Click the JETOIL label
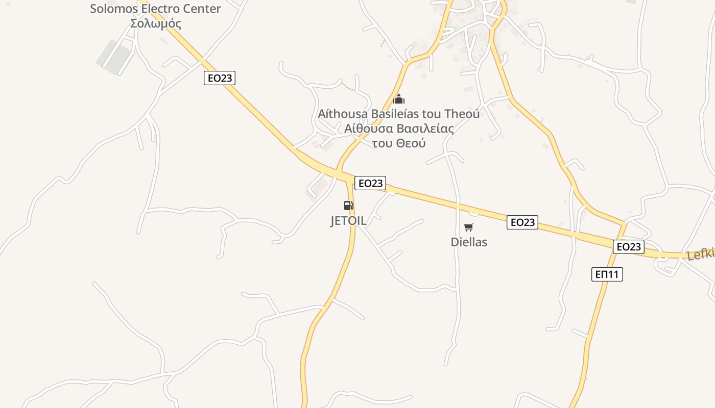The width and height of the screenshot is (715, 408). (x=348, y=221)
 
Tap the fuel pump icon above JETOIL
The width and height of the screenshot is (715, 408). (x=348, y=206)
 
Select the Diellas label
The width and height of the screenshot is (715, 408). (x=469, y=242)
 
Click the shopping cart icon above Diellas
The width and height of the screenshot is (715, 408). (x=468, y=227)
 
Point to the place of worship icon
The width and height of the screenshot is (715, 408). (x=399, y=99)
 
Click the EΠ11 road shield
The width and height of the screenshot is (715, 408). (x=607, y=274)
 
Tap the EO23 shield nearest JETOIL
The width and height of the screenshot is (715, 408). (x=370, y=183)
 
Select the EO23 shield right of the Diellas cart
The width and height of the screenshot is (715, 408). (x=522, y=222)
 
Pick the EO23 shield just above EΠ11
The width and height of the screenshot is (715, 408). (x=629, y=247)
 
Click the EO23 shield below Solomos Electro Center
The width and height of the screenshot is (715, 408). (x=220, y=78)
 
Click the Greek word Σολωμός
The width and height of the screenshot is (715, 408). (x=156, y=23)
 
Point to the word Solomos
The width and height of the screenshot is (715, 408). (x=113, y=9)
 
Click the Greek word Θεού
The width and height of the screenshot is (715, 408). (x=411, y=143)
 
